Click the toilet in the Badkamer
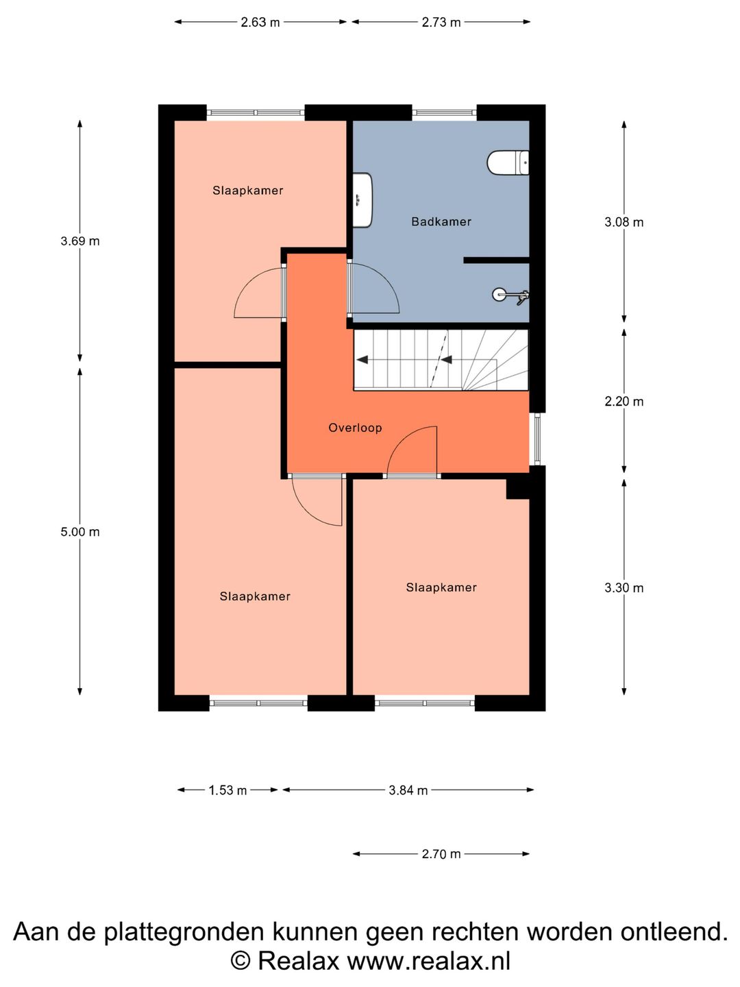click(508, 162)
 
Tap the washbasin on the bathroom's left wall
click(362, 200)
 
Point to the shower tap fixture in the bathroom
click(511, 295)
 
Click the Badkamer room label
click(441, 221)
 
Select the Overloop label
click(355, 428)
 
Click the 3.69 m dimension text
click(80, 241)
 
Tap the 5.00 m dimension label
click(80, 532)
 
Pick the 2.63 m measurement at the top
click(260, 22)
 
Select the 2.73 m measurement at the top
click(441, 22)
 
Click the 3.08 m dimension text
click(624, 222)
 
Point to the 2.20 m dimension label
click(624, 401)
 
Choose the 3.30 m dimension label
click(624, 587)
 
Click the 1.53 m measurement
click(227, 790)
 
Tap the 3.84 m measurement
click(408, 790)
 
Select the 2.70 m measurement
click(441, 853)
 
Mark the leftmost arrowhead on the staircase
click(362, 360)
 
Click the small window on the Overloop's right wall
click(537, 439)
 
